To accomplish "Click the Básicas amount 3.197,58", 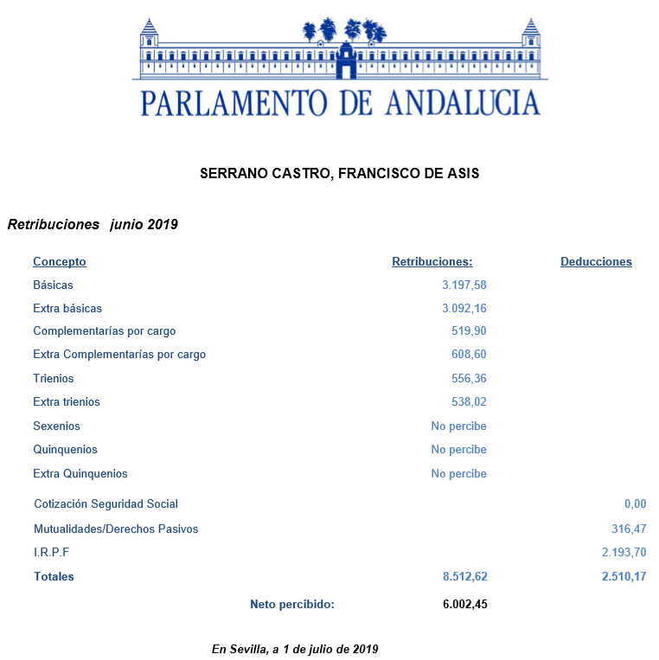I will (464, 285).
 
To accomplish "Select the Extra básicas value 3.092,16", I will (464, 308).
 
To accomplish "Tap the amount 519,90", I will (470, 331).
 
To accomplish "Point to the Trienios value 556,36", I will (470, 379).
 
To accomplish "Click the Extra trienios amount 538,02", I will (470, 402).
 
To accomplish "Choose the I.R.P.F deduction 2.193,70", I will (624, 553).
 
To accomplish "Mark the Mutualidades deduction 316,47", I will (629, 529).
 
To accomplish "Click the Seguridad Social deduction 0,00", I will (635, 504).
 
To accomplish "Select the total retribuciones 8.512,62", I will (464, 577).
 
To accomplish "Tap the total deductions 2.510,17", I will (624, 577).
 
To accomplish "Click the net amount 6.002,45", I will (464, 605).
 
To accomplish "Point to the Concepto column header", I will (60, 261).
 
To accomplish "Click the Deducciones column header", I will (596, 261).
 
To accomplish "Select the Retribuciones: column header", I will (432, 261).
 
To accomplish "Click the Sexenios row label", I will (56, 426).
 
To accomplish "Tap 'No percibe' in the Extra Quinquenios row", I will (458, 474).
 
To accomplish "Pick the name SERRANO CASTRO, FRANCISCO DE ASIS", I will (339, 174).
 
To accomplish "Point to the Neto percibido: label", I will (292, 605).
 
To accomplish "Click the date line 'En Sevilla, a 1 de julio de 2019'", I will (295, 649).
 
